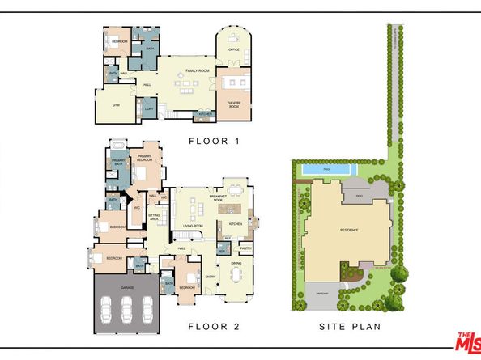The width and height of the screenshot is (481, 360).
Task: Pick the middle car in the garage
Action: [x=126, y=311]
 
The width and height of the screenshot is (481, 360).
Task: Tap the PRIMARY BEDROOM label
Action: [x=146, y=160]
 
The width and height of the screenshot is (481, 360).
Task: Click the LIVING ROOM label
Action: [x=193, y=226]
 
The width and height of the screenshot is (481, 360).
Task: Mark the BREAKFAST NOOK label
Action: [x=217, y=197]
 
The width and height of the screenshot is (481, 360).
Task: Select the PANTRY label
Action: [x=246, y=248]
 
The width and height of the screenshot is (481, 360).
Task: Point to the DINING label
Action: [x=236, y=263]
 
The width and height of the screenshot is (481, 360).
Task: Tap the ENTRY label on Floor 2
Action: [x=211, y=277]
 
